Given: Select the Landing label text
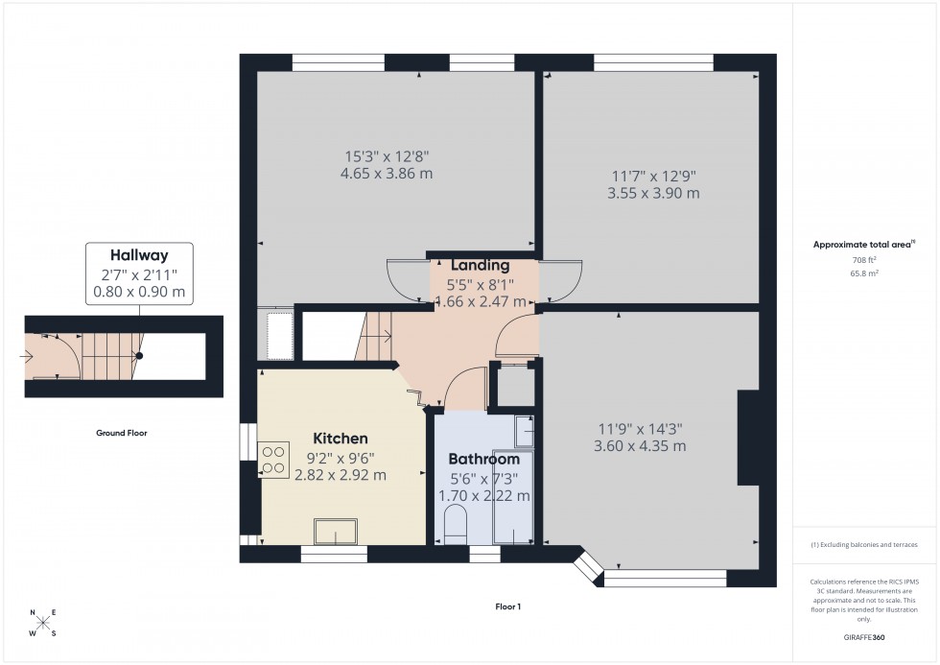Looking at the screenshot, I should pos(480,266).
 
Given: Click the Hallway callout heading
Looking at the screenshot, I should pos(139,255).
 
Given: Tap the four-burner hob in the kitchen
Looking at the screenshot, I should pos(272,458).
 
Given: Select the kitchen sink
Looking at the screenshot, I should pos(335,531).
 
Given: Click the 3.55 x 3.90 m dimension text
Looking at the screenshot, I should pos(653,193).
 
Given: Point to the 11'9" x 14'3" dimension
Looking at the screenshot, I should pos(652,429).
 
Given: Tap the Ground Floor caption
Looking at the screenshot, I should pos(121,433).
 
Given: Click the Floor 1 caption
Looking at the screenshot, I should pos(506,606).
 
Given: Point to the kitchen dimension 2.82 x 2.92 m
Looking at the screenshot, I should pos(345,475).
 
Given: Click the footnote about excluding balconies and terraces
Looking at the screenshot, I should pos(864,544).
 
